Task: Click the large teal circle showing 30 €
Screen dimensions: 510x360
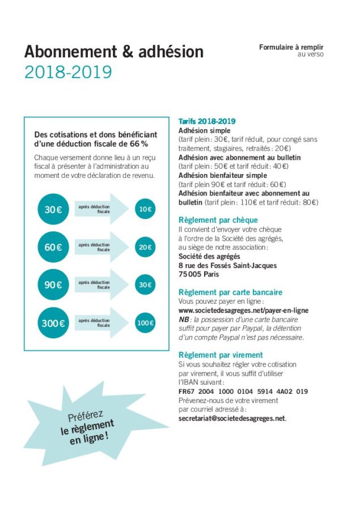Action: point(53,210)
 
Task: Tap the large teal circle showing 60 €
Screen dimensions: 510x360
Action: point(53,247)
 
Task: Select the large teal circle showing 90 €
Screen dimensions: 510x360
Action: point(53,284)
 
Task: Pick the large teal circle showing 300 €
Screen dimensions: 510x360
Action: point(53,324)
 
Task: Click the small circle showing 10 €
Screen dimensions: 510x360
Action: point(145,210)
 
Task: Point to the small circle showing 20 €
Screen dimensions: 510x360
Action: point(145,247)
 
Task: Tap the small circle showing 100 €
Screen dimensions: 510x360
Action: point(145,324)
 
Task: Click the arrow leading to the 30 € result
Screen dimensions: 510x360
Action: point(102,284)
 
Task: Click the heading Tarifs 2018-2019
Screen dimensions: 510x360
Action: point(207,121)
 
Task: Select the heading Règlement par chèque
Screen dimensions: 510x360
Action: point(218,220)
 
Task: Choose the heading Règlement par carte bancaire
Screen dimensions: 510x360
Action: point(230,292)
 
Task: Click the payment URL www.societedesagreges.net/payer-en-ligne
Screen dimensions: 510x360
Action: point(243,311)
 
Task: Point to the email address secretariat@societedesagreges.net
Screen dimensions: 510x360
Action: point(232,419)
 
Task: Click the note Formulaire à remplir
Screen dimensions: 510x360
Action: point(291,48)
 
